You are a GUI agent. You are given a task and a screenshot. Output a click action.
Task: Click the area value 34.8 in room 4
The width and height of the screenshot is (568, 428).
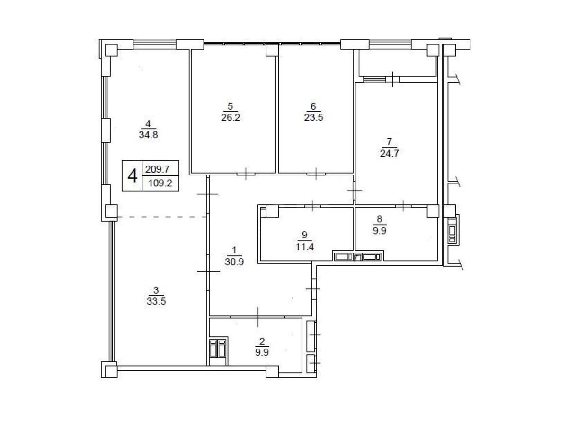point(148,134)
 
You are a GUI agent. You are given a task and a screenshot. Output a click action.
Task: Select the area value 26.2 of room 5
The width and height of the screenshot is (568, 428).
point(231,117)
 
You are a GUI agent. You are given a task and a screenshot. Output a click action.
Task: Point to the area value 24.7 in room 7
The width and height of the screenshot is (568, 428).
point(390,152)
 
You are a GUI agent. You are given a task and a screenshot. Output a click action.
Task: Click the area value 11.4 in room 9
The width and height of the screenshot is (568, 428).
point(304,245)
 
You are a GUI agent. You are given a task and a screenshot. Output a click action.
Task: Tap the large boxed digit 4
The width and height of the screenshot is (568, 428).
point(133,175)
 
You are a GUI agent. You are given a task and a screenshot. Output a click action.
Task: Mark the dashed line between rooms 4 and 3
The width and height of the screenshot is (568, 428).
point(161,217)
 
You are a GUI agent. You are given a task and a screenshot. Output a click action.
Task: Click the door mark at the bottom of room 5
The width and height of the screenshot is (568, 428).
point(246,174)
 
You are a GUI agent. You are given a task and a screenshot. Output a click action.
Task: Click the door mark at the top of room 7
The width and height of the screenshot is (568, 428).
point(393,79)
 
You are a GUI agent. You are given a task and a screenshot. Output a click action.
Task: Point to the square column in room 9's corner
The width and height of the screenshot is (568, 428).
point(272,211)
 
